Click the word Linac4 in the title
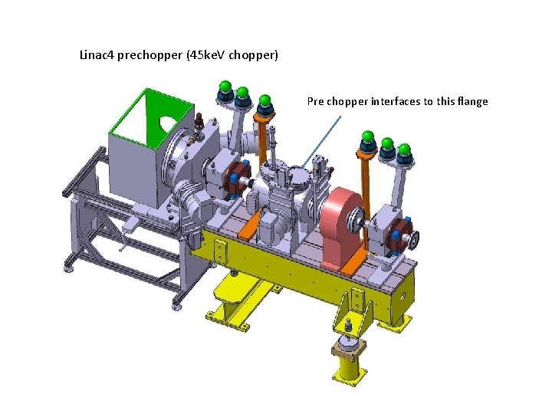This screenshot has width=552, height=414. pos(97,55)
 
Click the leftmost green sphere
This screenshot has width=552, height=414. pos(225,86)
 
